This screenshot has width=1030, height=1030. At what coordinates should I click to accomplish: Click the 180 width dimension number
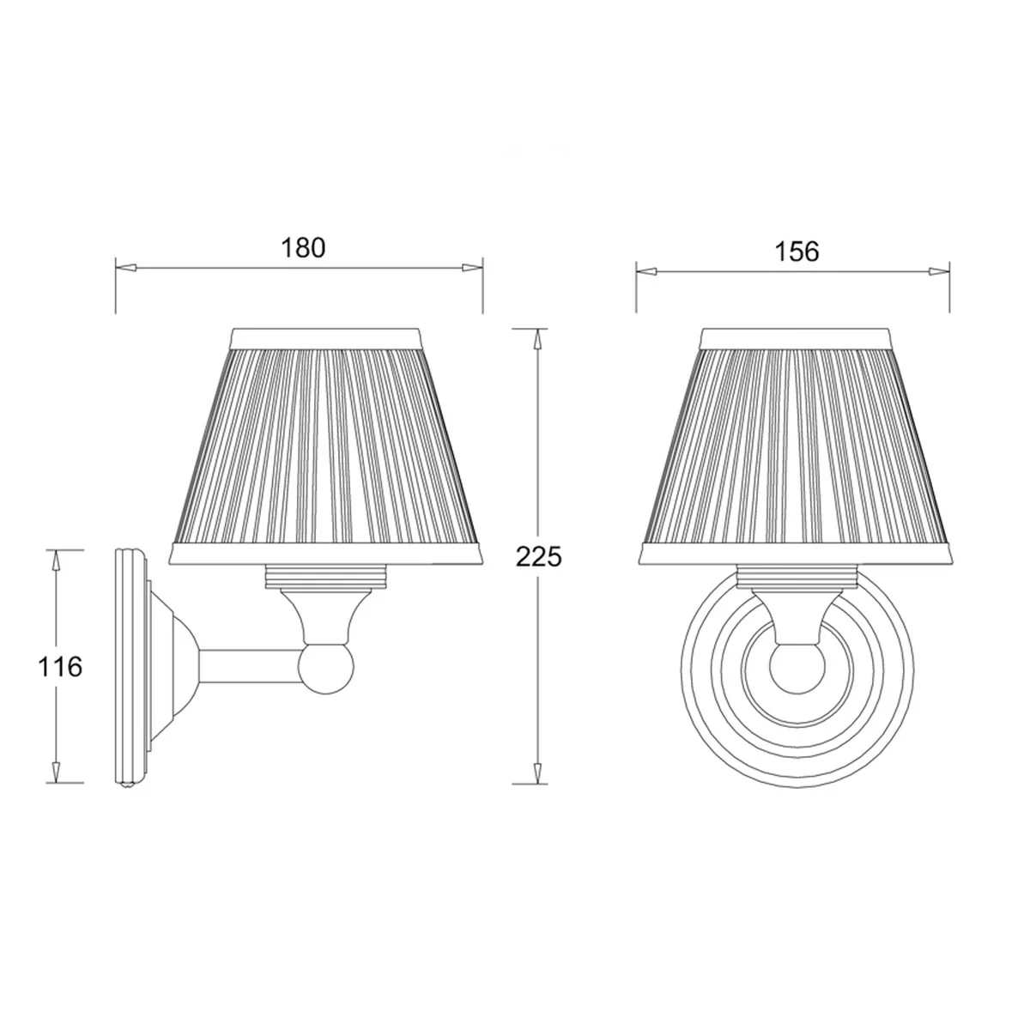pos(304,247)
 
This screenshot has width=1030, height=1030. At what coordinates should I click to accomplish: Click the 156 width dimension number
pos(797,251)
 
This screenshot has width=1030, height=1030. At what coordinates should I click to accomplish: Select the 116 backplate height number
pos(60,666)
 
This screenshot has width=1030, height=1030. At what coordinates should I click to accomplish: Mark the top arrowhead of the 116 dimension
pos(57,560)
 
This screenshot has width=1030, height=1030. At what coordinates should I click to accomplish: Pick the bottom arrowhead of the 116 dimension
pos(57,772)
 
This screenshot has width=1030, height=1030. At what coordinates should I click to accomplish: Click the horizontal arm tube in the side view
pos(249,667)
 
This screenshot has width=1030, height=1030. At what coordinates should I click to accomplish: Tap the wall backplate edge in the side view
pos(124,665)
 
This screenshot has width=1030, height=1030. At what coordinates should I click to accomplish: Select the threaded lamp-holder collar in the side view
pos(327,574)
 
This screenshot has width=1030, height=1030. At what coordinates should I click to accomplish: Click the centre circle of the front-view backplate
pos(797,670)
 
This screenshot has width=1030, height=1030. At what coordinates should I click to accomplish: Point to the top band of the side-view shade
pos(330,336)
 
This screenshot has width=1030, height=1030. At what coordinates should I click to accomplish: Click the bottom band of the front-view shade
pos(797,554)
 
